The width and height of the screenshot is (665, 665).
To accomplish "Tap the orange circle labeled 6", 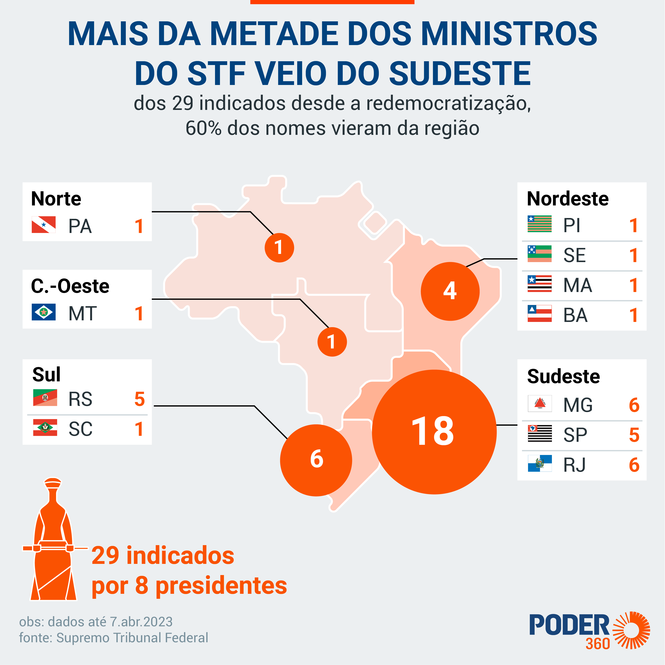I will coord(316,460).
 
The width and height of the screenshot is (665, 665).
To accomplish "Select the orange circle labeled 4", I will coord(450,291).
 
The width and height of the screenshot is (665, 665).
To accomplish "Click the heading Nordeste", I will coord(568,199).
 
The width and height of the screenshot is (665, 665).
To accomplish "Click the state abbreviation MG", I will coord(578,405).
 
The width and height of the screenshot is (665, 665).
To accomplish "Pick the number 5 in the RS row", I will coord(139,399).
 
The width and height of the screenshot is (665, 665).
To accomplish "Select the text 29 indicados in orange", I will coord(163,555).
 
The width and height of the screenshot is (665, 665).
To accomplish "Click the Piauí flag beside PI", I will coord(539,224).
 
